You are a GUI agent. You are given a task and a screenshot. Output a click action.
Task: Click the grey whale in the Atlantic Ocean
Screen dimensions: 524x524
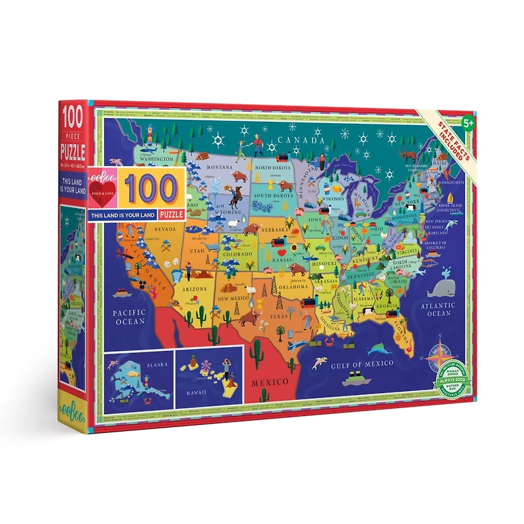coord(436,285)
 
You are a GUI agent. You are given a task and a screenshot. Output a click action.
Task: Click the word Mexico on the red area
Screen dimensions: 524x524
coord(271,381)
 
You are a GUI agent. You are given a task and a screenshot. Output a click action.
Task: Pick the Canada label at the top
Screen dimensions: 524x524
coord(301,140)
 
